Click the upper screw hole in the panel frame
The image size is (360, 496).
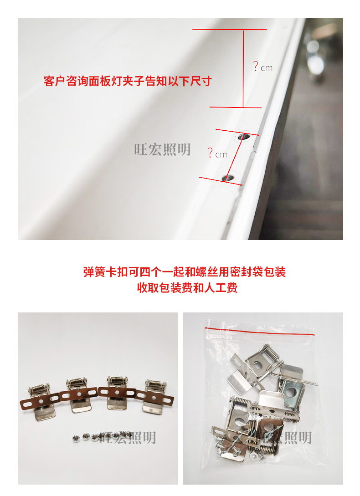click(243, 136)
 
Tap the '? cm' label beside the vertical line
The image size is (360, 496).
click(262, 67)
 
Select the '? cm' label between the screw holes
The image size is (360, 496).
click(217, 153)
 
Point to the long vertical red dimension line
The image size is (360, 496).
click(243, 68)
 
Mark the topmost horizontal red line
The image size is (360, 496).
click(229, 30)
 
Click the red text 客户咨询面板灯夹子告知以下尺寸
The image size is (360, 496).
click(128, 82)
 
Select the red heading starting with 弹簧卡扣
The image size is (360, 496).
click(185, 272)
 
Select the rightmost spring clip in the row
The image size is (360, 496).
click(154, 395)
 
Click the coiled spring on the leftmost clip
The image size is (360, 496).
click(37, 390)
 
